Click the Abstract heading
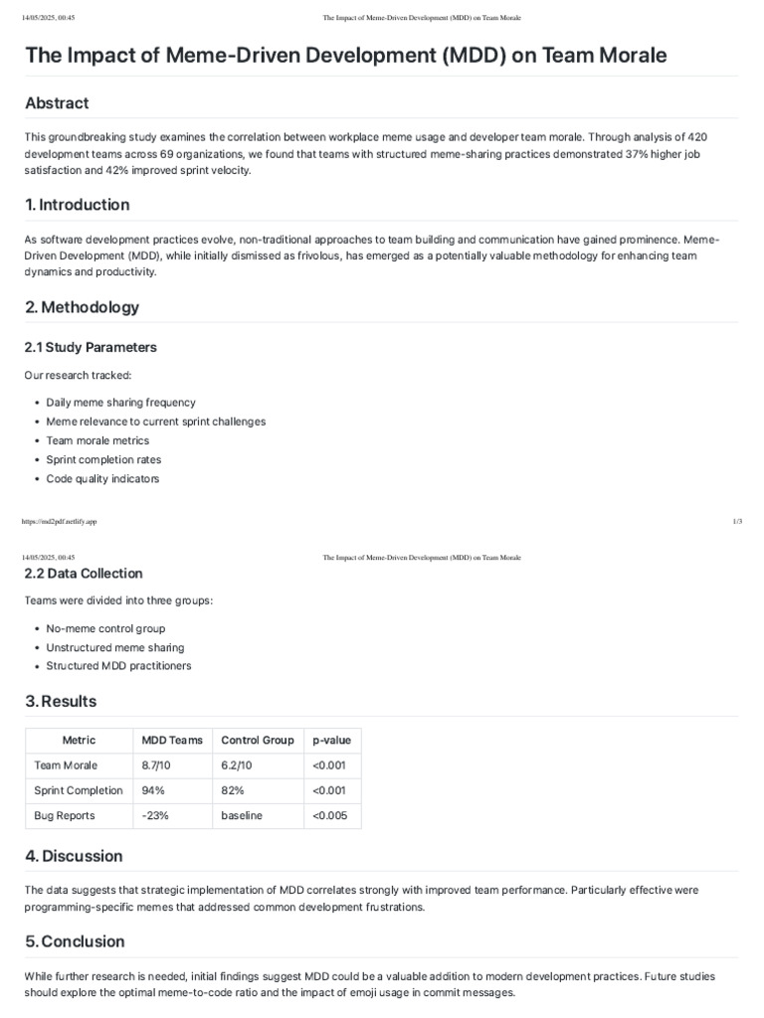(57, 103)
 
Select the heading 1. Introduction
(78, 205)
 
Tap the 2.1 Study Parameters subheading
(91, 347)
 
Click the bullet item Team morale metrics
(97, 440)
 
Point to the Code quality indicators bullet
(102, 478)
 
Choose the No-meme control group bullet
(105, 628)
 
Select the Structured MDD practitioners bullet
(118, 666)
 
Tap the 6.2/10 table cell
(238, 765)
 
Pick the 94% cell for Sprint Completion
(152, 790)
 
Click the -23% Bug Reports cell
(155, 815)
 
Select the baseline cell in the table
(242, 815)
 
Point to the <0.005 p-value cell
(330, 815)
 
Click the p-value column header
(331, 740)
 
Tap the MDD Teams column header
(172, 740)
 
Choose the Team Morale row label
(65, 765)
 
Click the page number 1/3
(737, 521)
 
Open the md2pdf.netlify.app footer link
(60, 521)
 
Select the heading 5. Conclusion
(76, 941)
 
